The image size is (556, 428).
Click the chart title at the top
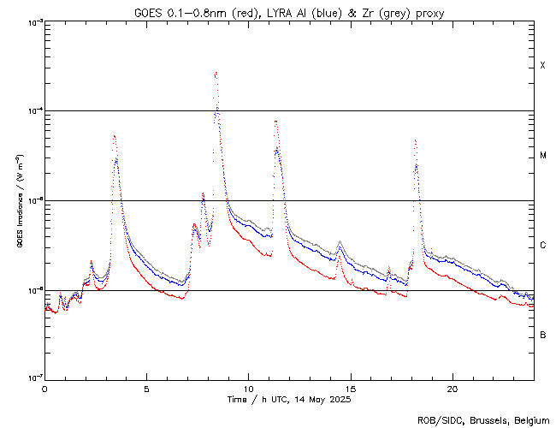coord(289,12)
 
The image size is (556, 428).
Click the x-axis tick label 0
coord(44,388)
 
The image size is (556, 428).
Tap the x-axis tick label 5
coord(146,388)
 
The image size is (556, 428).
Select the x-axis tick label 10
coord(248,388)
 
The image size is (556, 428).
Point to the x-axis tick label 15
coord(350,388)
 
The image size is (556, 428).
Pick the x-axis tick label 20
coord(452,388)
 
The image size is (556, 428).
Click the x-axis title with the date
coord(289,399)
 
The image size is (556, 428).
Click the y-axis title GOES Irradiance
coord(19,200)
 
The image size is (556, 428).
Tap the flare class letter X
coord(542,66)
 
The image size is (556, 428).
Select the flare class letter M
coord(542,156)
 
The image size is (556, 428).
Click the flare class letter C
coord(542,246)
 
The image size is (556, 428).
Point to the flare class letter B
coord(542,335)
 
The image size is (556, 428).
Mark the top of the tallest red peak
coord(216,73)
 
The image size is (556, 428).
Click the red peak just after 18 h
coord(415,140)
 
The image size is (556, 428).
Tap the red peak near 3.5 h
coord(114,135)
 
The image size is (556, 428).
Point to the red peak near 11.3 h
coord(275,121)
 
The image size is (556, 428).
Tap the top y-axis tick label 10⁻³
coord(31,22)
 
